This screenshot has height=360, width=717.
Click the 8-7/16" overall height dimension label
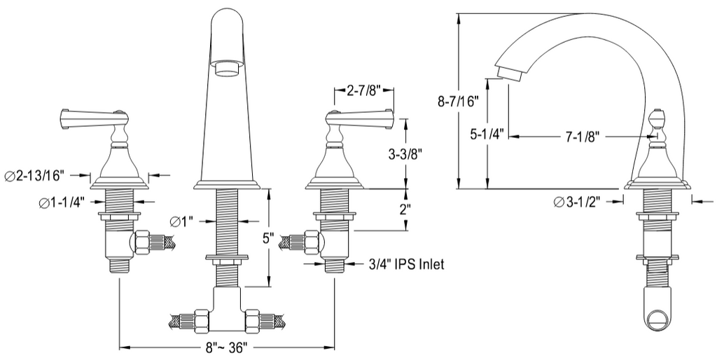point(457,101)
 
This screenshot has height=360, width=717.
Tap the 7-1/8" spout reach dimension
point(582,137)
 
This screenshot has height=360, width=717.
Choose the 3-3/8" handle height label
point(404,153)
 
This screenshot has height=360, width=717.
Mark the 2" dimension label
point(405,210)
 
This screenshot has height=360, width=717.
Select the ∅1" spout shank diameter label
point(181,222)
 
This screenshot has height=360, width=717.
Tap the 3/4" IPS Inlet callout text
point(406,264)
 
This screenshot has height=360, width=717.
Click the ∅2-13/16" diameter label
point(35,175)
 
